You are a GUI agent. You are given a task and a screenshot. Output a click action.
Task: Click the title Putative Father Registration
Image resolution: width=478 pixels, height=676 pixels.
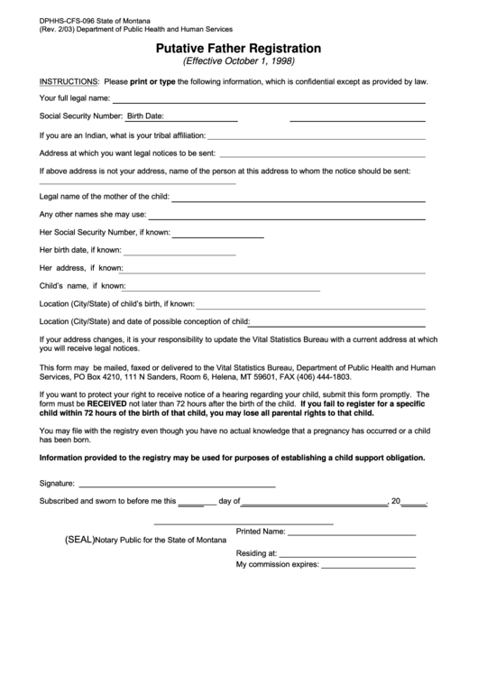[x=239, y=48]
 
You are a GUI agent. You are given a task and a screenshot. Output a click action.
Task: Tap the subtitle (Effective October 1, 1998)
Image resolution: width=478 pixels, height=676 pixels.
[x=239, y=62]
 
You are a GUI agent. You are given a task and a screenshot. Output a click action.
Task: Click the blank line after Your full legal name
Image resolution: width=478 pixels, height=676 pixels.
[x=269, y=100]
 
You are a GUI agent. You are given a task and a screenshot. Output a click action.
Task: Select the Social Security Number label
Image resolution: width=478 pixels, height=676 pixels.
[x=81, y=116]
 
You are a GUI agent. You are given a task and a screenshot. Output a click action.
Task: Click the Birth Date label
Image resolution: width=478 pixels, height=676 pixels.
[x=146, y=116]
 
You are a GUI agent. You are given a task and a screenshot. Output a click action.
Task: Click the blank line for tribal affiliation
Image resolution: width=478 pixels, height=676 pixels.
[x=317, y=139]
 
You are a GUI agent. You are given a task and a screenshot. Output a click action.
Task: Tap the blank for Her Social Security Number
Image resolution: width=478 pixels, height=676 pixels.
[x=218, y=236]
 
